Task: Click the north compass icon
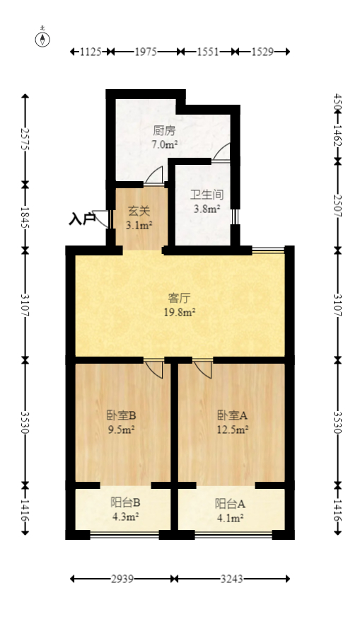tap(44, 38)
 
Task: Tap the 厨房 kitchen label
tap(164, 131)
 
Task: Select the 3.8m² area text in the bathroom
tap(207, 209)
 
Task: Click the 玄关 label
tap(138, 211)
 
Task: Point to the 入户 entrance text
tap(81, 219)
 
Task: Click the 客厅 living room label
tap(181, 298)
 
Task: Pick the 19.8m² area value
tap(181, 311)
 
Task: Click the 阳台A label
tap(231, 504)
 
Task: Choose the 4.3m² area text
tap(125, 517)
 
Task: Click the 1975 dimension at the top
tap(146, 52)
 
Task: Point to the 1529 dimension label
tap(262, 52)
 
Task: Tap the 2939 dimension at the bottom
tap(123, 579)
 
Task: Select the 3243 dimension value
tap(231, 579)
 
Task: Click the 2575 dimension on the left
tap(25, 139)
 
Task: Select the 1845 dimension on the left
tap(25, 215)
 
